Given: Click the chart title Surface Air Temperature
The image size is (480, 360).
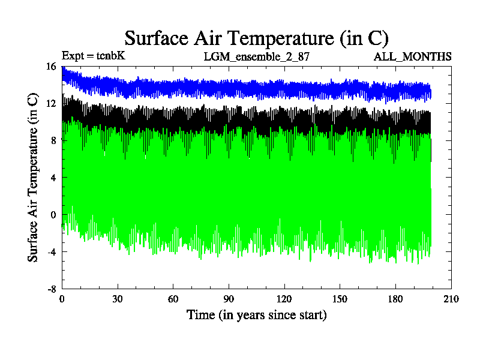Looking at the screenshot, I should tap(257, 38).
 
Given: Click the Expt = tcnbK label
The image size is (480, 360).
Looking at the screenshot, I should tap(93, 56).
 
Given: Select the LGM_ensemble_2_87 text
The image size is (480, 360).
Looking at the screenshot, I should tap(256, 57).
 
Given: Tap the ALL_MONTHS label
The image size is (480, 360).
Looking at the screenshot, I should tap(412, 57).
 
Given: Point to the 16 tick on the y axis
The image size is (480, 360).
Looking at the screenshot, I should tap(50, 67).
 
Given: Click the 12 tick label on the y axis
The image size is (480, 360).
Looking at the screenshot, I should tap(50, 104).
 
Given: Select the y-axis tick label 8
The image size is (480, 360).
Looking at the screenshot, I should tap(53, 140).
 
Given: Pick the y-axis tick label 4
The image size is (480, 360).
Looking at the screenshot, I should tap(53, 178).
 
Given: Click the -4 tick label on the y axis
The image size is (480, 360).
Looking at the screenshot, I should tap(51, 251).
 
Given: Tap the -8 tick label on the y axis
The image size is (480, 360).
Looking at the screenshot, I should tap(51, 289).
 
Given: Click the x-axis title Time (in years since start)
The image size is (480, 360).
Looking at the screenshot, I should tap(256, 314).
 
